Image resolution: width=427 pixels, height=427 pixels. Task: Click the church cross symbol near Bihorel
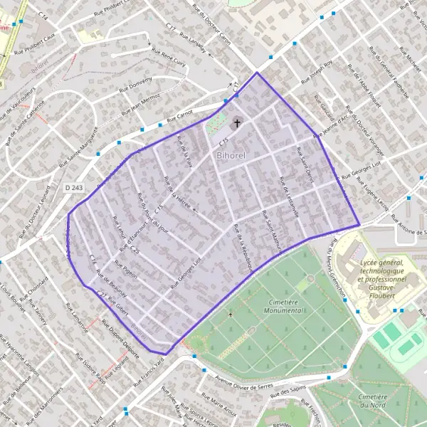click(x=237, y=123)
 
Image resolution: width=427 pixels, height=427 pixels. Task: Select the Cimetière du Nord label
click(x=379, y=401)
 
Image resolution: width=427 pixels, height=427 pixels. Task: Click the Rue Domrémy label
click(x=135, y=85)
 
